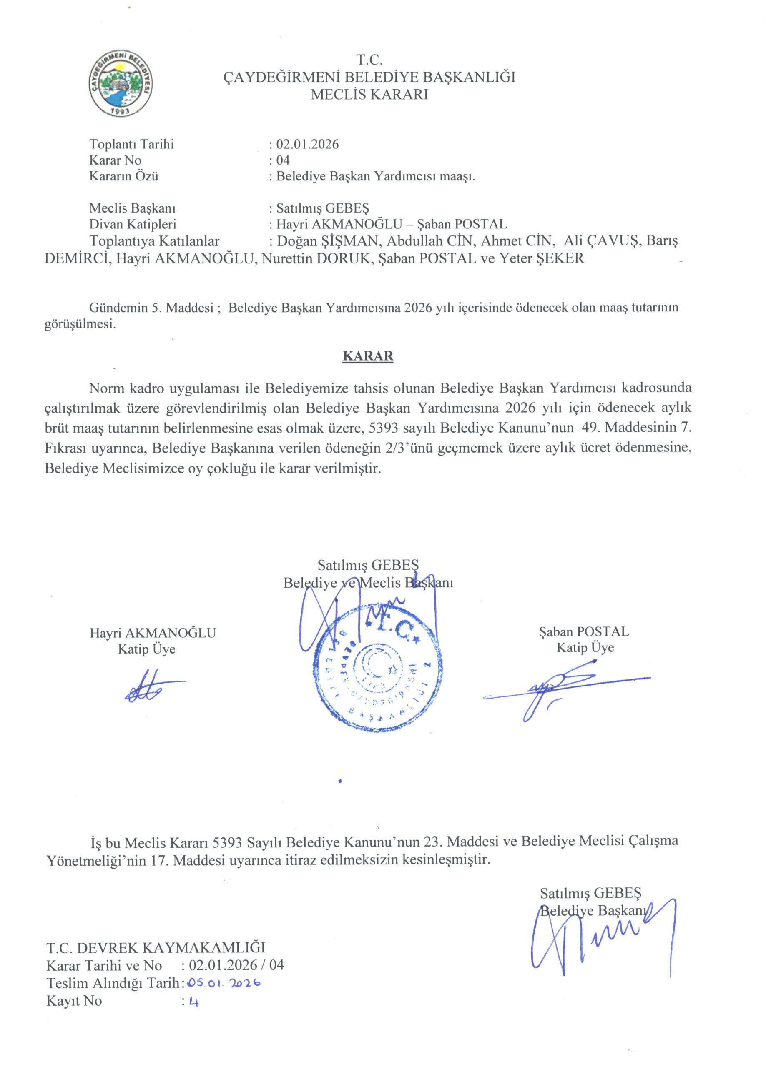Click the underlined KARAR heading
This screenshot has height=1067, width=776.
[x=367, y=356]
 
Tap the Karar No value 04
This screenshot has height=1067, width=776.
[x=283, y=160]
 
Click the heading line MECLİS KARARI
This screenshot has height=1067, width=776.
[x=369, y=95]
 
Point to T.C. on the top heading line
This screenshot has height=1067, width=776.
[x=369, y=60]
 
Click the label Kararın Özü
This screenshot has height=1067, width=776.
[x=124, y=176]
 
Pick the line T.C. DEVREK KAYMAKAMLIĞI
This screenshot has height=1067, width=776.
[x=155, y=947]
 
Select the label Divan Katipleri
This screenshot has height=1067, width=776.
[x=133, y=224]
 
